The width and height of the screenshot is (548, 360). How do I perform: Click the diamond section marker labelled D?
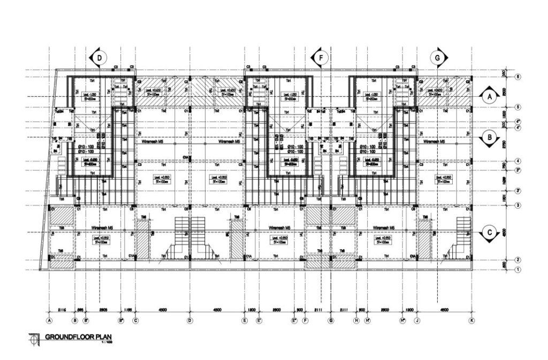click(x=99, y=57)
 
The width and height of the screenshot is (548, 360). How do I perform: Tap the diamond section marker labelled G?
click(x=438, y=57)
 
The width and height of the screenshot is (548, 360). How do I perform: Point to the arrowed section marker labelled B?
click(x=489, y=137)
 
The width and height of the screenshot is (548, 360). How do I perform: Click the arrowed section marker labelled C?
click(x=489, y=233)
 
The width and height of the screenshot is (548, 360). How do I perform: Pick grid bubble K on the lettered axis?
click(x=471, y=321)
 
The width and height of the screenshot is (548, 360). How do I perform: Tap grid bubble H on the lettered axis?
click(x=356, y=321)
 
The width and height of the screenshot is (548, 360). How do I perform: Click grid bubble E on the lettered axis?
click(x=245, y=321)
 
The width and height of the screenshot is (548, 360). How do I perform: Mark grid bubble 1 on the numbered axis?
click(x=517, y=270)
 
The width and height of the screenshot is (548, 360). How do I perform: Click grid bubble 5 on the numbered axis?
click(x=517, y=107)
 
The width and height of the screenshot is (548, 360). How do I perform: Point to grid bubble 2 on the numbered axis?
click(x=517, y=261)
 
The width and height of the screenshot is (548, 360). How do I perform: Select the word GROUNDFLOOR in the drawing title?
click(x=70, y=338)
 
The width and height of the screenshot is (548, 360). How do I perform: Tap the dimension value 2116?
click(x=62, y=310)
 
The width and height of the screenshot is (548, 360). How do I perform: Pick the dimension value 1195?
click(x=128, y=310)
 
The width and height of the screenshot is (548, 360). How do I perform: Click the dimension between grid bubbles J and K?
click(x=444, y=310)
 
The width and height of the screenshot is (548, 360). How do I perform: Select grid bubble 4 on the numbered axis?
click(x=517, y=161)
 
